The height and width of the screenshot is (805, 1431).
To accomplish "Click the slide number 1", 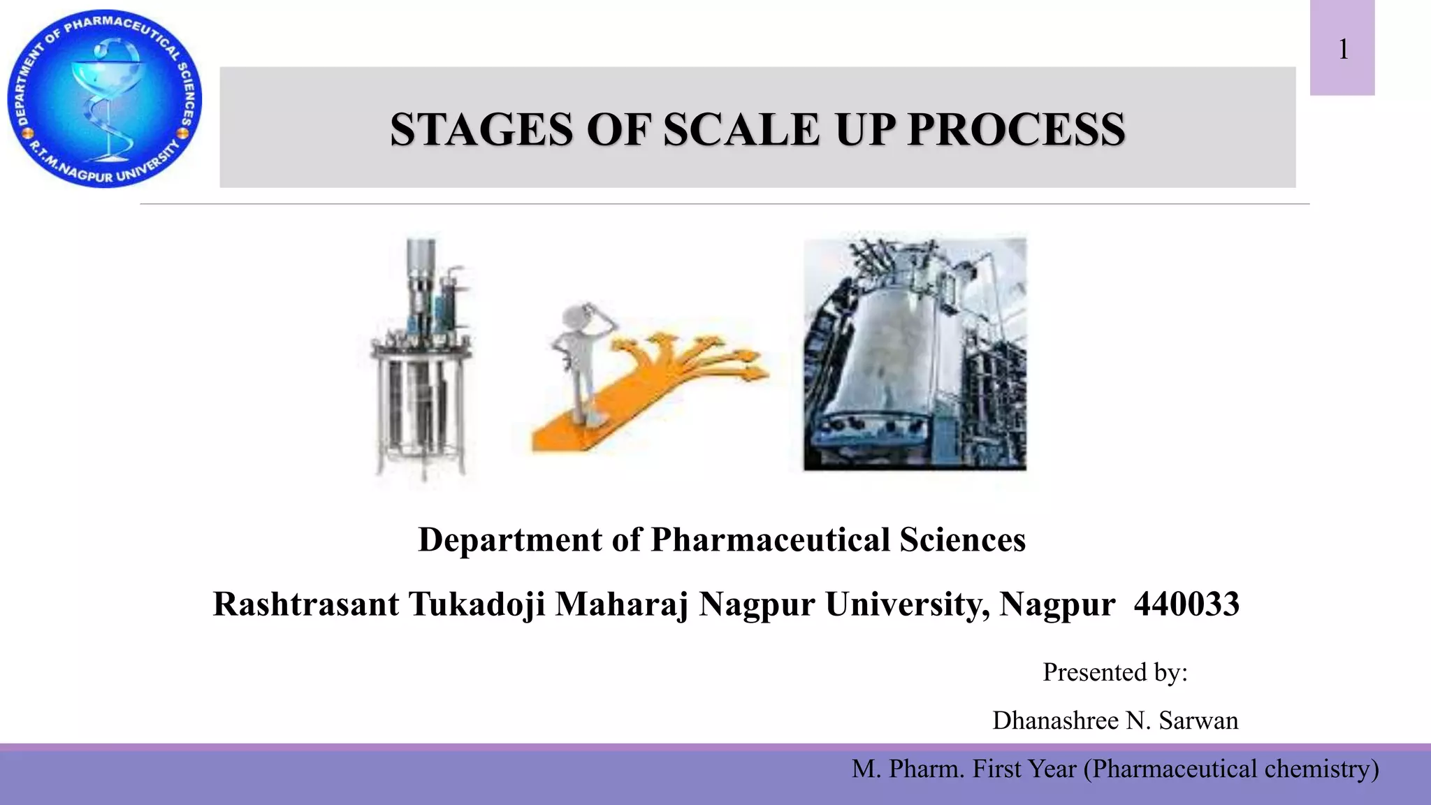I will (x=1343, y=50).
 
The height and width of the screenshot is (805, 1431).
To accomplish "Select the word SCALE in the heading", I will (x=741, y=130).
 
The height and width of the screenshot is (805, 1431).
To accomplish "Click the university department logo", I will (x=105, y=99).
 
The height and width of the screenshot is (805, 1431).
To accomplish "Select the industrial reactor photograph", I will (x=915, y=354).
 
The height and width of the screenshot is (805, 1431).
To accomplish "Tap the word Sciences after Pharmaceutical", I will (x=962, y=540).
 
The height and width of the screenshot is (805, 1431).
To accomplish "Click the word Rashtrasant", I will (x=305, y=604).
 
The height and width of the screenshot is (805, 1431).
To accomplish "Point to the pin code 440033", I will (x=1186, y=604).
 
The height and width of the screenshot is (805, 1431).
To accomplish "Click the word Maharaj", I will (x=622, y=604).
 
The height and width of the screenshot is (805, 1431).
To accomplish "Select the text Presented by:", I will (x=1115, y=672).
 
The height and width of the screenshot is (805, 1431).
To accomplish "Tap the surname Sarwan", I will (x=1198, y=720).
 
